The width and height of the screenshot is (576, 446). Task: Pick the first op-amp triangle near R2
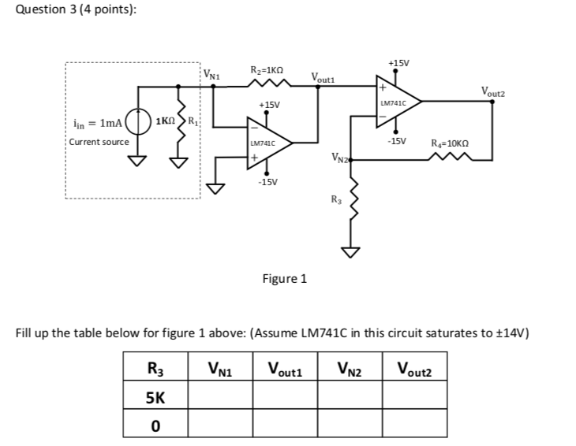(268, 143)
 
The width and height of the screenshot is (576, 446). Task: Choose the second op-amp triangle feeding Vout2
(396, 101)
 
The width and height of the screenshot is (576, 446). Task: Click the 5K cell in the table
(155, 397)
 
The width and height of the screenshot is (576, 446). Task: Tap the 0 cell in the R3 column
(155, 426)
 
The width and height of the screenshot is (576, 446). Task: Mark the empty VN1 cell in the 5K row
(219, 397)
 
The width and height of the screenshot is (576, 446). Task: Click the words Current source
(99, 142)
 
